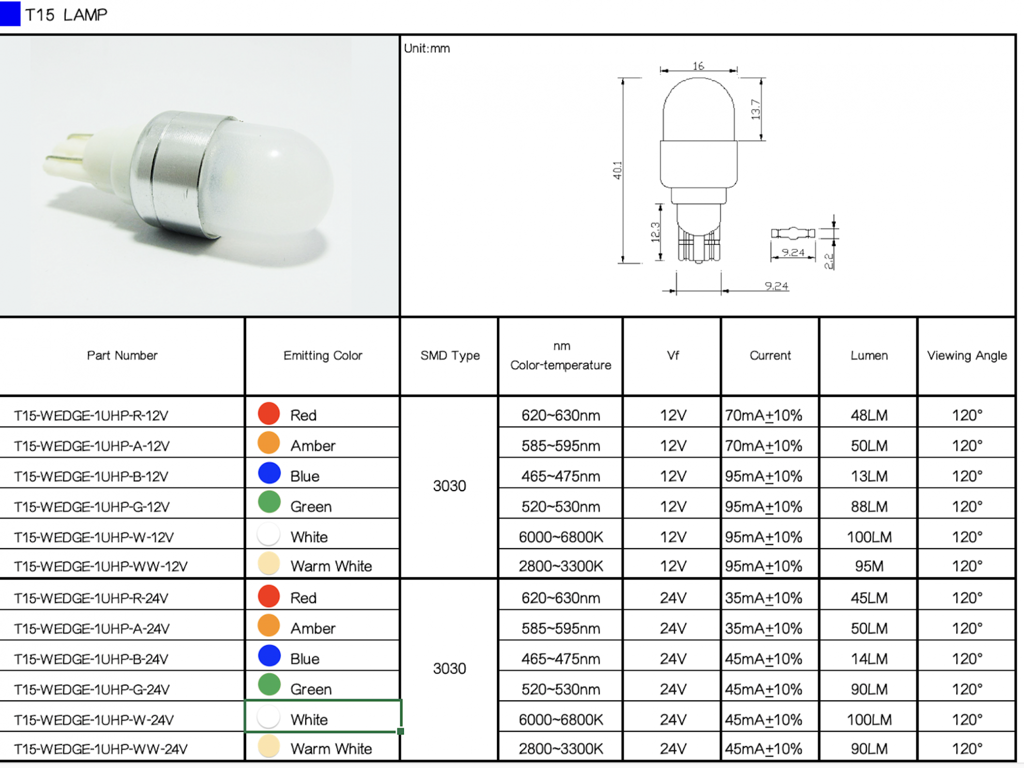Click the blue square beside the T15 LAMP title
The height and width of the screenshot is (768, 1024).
10,13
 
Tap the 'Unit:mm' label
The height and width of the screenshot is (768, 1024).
427,49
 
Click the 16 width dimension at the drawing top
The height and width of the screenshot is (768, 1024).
698,66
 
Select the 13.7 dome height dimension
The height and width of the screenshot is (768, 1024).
756,109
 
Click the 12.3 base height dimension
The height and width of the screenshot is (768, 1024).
655,232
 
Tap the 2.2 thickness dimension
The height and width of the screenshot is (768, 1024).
829,261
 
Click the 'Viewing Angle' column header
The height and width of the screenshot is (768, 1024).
967,356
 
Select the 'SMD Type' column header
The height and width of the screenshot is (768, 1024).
450,356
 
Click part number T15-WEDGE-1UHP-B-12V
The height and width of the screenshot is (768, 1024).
91,476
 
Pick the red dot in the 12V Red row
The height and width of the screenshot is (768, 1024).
269,413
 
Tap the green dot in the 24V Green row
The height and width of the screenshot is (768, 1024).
269,685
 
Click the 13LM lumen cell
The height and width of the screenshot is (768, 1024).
869,476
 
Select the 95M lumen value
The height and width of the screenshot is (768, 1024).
869,566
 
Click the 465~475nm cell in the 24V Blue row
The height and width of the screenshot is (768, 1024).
561,659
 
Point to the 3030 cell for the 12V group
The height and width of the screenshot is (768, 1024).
449,486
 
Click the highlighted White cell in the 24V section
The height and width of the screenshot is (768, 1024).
322,717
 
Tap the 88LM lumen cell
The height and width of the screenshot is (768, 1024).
869,507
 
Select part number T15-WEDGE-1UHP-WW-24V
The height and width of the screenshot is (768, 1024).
101,749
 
